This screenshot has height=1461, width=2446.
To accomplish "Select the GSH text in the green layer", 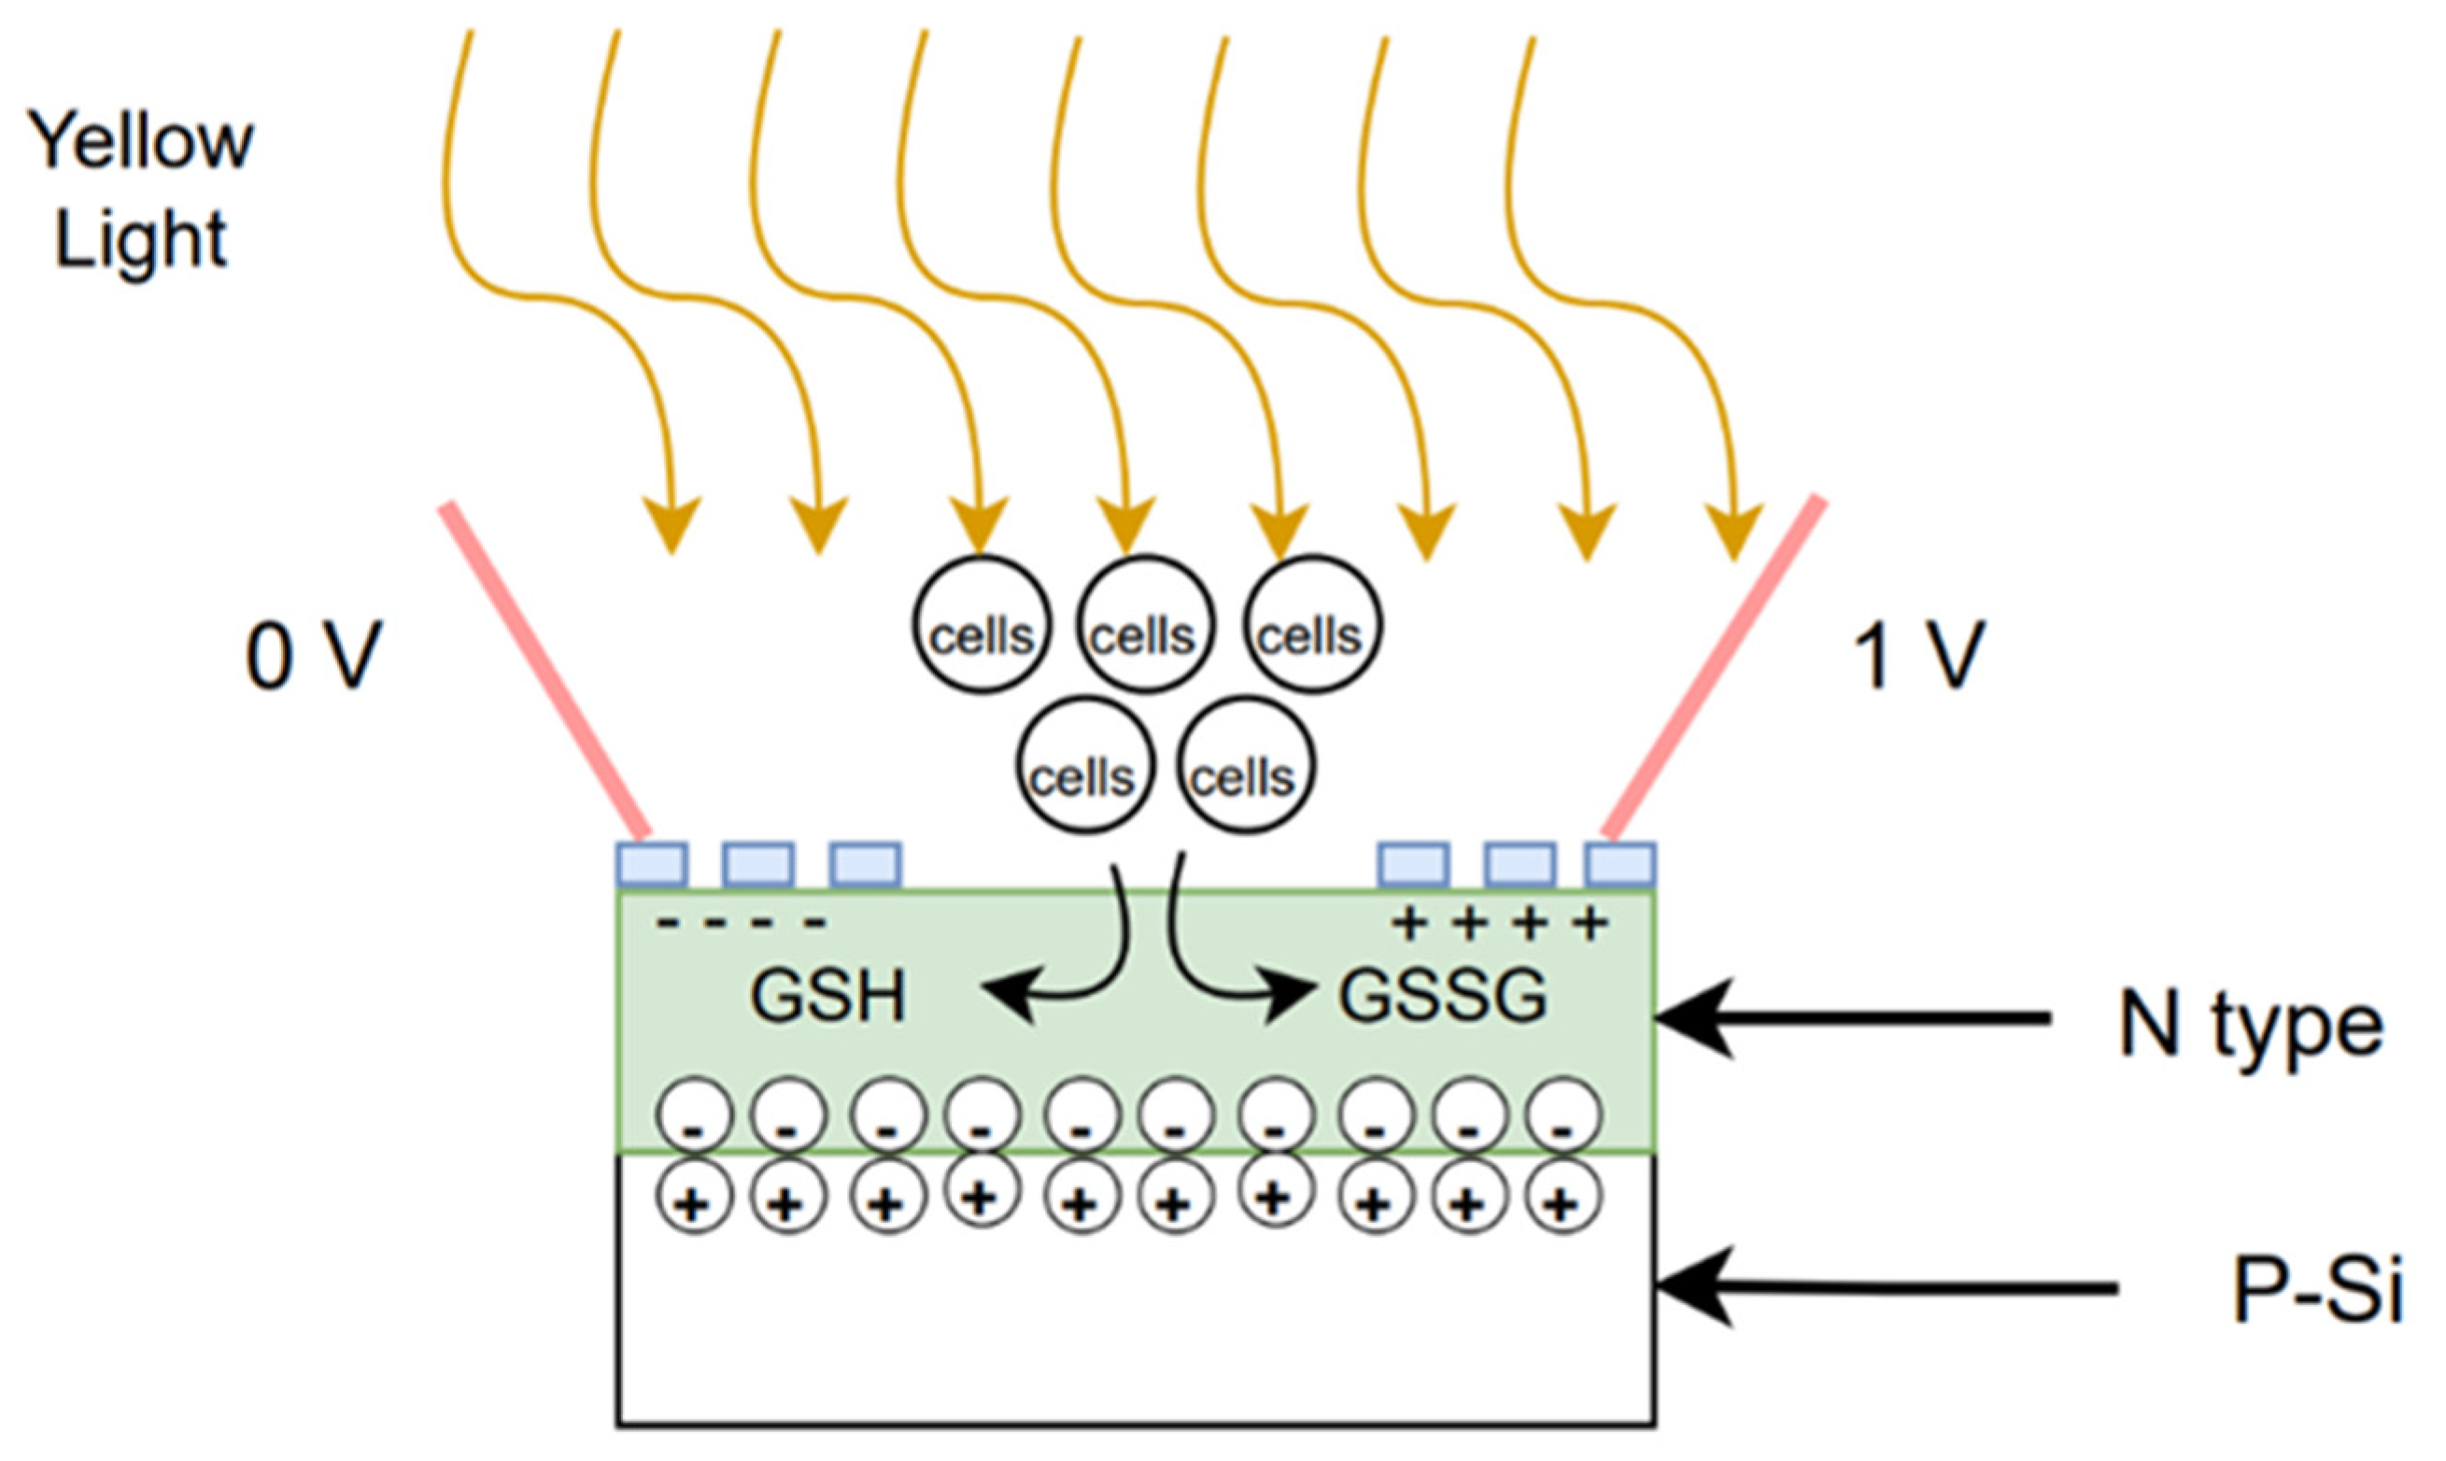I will (827, 998).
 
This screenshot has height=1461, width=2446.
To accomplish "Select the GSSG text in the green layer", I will (1442, 998).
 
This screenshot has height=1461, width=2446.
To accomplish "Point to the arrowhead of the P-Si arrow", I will (1674, 1285).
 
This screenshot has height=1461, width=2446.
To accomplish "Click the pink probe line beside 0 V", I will (546, 670).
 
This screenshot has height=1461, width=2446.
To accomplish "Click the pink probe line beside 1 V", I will (1713, 670).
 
